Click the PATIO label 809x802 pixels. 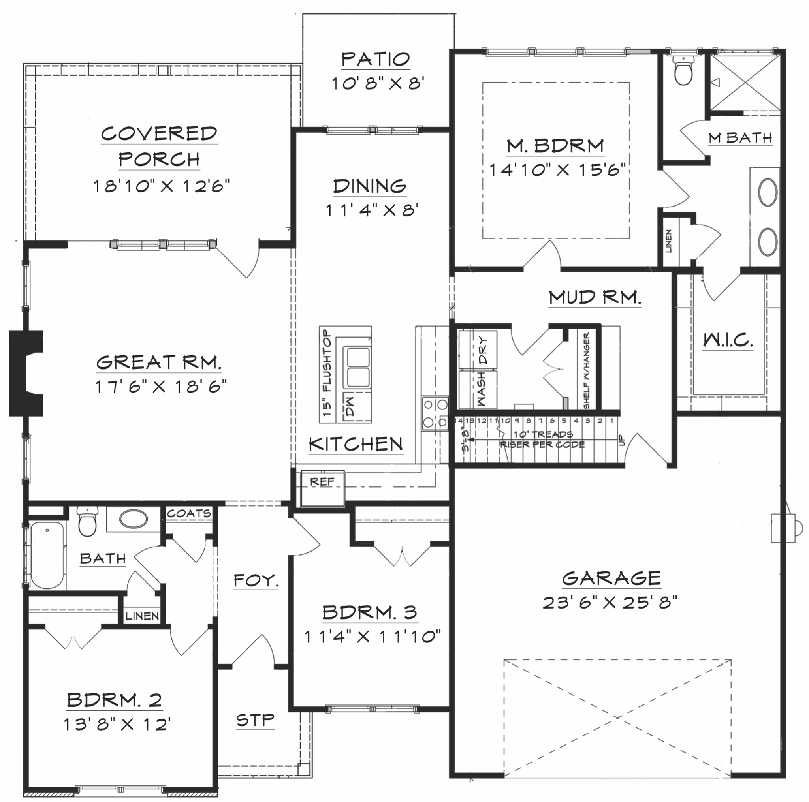coord(375,60)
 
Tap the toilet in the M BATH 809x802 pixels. coord(683,72)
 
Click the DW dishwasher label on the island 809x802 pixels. coord(350,406)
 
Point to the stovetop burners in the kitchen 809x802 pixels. coord(435,413)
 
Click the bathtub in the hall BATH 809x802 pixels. coord(47,555)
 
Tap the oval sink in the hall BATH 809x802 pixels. coord(133,519)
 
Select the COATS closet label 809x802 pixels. coord(189,513)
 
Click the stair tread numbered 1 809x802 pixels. coord(612,420)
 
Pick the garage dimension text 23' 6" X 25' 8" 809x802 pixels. coord(610,603)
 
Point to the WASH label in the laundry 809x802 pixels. coord(482,390)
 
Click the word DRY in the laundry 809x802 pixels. coord(483,350)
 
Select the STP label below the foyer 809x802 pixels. coord(255,721)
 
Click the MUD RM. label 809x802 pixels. coord(595,298)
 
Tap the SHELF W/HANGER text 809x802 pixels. coord(586,370)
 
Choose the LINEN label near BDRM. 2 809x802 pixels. coord(142,616)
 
